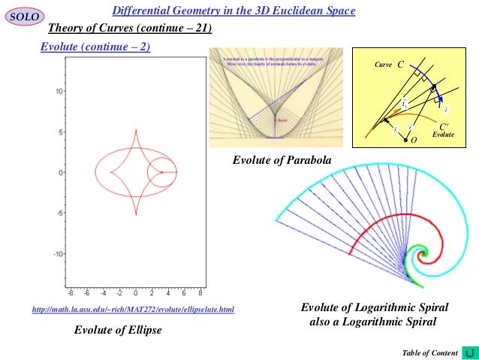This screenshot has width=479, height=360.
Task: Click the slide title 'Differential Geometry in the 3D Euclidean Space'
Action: pyautogui.click(x=233, y=11)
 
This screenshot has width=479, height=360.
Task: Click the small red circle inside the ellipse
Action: pyautogui.click(x=161, y=172)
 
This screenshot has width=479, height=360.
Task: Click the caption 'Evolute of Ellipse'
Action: pyautogui.click(x=117, y=330)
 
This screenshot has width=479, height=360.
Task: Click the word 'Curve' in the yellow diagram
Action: pyautogui.click(x=383, y=66)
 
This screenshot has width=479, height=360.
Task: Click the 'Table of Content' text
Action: pyautogui.click(x=430, y=352)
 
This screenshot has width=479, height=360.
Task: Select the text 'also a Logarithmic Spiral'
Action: pyautogui.click(x=373, y=322)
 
